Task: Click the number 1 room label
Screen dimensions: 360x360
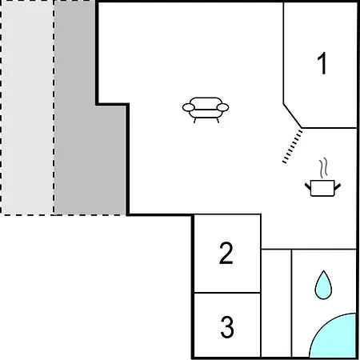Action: (x=322, y=63)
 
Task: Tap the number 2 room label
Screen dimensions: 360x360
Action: (x=226, y=253)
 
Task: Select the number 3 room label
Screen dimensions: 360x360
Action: (x=227, y=327)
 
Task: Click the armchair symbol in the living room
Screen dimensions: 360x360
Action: (x=206, y=110)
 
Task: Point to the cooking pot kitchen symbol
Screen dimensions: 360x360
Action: (x=322, y=188)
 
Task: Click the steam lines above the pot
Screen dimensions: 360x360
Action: (x=323, y=168)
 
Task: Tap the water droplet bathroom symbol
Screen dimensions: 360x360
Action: (x=323, y=286)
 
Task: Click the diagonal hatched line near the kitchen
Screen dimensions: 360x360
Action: (x=293, y=146)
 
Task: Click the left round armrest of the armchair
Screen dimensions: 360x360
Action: (x=189, y=107)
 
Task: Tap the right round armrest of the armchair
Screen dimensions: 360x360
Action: (x=222, y=107)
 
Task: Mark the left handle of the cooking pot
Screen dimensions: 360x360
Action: (x=308, y=186)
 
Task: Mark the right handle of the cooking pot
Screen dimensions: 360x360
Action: (x=338, y=186)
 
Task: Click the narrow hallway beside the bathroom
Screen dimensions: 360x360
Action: (x=276, y=303)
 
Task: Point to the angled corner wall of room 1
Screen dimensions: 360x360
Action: (x=293, y=116)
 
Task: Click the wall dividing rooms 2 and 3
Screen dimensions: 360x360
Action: (x=227, y=293)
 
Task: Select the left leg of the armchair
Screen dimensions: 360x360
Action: (x=195, y=121)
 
